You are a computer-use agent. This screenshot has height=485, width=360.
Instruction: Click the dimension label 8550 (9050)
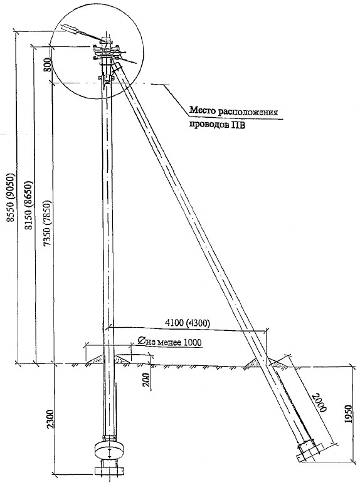pos(11,196)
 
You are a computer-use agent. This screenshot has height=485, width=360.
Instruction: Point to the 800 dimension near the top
pos(47,65)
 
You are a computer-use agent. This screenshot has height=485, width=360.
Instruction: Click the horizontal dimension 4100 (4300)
pos(188,323)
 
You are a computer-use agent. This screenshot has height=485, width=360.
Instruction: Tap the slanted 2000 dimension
pos(319,402)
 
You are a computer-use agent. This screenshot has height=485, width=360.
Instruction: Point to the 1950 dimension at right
pos(349,414)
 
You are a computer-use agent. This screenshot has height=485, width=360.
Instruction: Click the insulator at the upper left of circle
pos(71,28)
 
